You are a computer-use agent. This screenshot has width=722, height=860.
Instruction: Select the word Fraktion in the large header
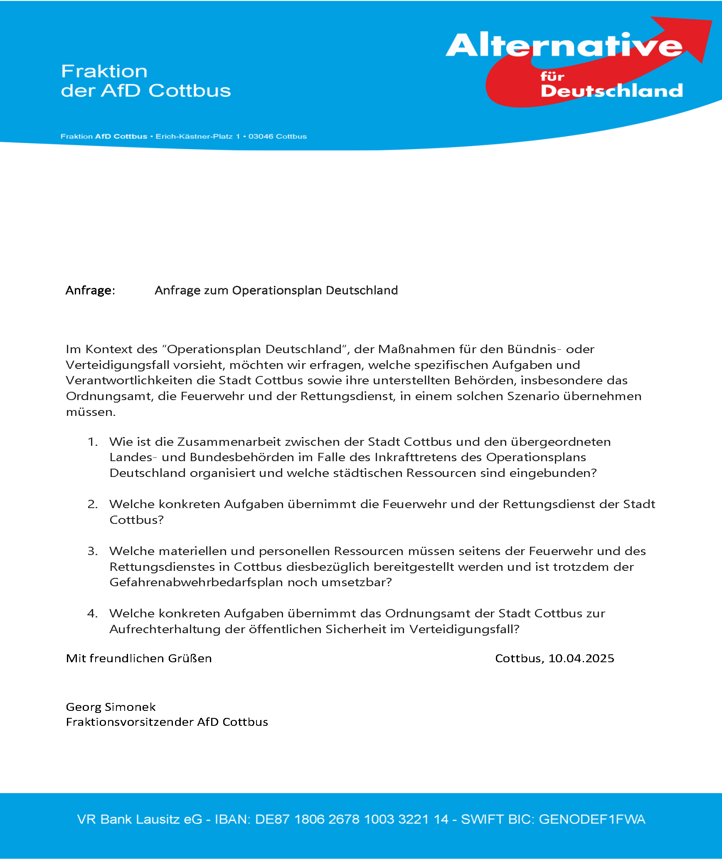click(104, 71)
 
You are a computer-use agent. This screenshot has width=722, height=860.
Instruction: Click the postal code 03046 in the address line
click(261, 137)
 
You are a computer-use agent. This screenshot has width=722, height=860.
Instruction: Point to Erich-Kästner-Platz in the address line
click(194, 137)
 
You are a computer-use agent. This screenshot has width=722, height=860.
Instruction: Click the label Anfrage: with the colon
click(90, 290)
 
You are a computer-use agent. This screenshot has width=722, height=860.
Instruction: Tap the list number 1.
click(92, 442)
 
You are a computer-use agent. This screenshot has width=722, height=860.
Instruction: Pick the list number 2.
click(92, 504)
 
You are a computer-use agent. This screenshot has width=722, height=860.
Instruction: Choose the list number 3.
click(92, 551)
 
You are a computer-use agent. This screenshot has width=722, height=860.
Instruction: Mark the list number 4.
click(92, 614)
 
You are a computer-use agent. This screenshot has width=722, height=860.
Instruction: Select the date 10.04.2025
click(581, 659)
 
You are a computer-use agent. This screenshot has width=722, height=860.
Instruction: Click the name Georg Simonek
click(111, 707)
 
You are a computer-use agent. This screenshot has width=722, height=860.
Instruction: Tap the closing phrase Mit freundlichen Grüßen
click(139, 659)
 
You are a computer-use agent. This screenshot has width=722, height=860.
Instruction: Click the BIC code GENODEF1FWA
click(592, 819)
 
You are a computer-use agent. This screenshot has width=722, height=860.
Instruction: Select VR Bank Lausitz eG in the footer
click(140, 819)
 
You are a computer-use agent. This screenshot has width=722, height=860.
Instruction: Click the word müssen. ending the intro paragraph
click(91, 413)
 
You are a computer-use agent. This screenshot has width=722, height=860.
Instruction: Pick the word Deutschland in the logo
click(611, 91)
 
